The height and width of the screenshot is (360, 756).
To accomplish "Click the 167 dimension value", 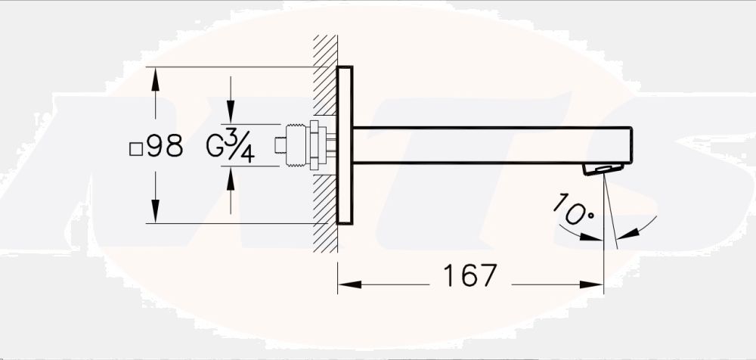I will coord(469,276).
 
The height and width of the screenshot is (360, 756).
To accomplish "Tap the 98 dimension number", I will coord(166,147).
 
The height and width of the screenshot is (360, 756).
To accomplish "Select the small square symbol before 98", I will coord(136,148).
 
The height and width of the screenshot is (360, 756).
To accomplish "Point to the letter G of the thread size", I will coord(214,147).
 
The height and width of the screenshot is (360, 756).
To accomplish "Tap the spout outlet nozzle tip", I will coord(603,169).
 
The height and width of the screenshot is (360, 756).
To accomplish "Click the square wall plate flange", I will coord(345,145).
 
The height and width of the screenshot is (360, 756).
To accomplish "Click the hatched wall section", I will coord(326,144).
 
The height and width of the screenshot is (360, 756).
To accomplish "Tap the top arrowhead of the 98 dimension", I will coord(155,76).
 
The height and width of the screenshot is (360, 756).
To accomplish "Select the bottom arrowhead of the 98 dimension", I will coord(155,215).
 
